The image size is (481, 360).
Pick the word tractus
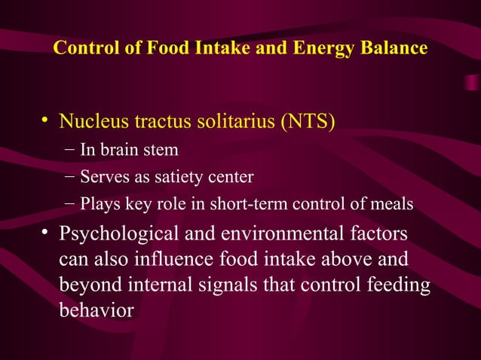point(158,121)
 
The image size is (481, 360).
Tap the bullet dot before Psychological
point(46,233)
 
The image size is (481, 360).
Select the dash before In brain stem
point(69,149)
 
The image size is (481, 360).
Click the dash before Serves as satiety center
point(69,177)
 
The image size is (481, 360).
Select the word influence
point(165,260)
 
